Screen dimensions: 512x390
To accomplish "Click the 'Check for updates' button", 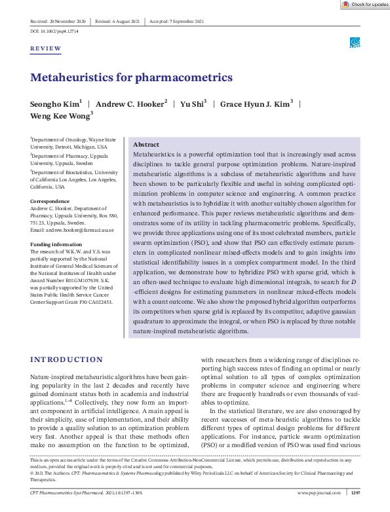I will (x=364, y=5).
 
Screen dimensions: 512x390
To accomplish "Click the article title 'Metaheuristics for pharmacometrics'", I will (x=131, y=78).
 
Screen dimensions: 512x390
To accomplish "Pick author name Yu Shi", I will (x=193, y=104).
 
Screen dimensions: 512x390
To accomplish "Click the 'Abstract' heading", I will (x=146, y=144).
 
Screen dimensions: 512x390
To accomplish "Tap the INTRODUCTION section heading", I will (x=67, y=359).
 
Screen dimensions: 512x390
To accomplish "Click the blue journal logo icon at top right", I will (x=354, y=43).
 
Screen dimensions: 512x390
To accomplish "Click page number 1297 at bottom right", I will (x=356, y=492).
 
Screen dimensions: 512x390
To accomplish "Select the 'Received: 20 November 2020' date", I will (x=58, y=22).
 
